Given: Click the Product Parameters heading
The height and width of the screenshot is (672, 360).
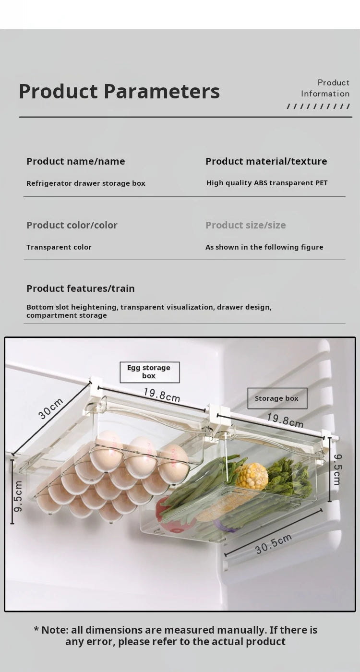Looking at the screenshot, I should [x=119, y=91].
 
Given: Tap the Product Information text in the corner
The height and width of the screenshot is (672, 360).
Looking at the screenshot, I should [x=325, y=88].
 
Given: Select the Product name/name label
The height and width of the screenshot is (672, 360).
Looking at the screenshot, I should [x=76, y=161].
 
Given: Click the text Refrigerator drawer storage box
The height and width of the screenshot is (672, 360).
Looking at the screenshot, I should [x=85, y=183].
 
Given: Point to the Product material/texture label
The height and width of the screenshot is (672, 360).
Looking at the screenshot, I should [x=266, y=161].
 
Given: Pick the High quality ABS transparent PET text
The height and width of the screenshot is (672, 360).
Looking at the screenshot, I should [x=267, y=183].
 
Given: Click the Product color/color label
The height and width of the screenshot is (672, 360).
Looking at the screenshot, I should [x=72, y=225].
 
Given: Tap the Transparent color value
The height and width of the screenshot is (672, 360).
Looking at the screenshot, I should [x=59, y=247].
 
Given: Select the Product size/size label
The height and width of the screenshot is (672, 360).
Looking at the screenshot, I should [x=245, y=225].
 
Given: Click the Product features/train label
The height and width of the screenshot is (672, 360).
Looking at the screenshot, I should [x=81, y=288].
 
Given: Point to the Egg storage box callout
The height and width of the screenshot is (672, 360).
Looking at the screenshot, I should [x=149, y=372].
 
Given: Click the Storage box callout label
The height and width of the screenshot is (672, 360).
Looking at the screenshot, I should [x=277, y=398].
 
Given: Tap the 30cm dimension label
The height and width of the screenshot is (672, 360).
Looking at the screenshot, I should [x=50, y=408].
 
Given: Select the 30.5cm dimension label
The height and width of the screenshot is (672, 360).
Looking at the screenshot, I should [x=274, y=544].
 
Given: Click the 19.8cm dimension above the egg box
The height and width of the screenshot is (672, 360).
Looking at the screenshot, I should [x=162, y=395].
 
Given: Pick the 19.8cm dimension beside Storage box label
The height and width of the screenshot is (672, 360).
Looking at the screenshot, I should [x=285, y=420].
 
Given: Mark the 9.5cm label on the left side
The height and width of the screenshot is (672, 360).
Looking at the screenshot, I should [x=18, y=496].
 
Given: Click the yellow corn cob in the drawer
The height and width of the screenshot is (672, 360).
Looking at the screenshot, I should [x=252, y=476].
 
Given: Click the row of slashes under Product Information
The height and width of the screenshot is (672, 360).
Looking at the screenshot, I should [x=318, y=106].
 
